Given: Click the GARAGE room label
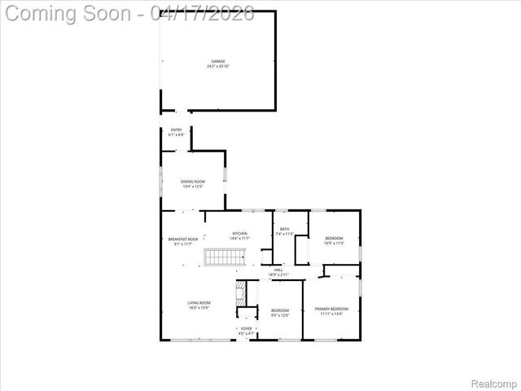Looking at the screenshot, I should coord(218,61).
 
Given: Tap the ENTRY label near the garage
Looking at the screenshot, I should coord(176,130).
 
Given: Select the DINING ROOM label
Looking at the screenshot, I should coord(193,181).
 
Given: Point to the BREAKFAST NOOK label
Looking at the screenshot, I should coord(183,239).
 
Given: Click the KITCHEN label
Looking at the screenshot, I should coord(239,233).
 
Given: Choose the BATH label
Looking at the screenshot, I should coord(284,229).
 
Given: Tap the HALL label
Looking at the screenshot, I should coord(278,270).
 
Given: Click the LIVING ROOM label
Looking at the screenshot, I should coord(199,303).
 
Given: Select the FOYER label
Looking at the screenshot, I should coord(246,328).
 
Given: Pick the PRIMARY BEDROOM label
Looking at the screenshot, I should coord(331,309).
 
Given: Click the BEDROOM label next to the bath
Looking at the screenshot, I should coord(334,238).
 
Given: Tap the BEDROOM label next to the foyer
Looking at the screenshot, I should coord(279,310).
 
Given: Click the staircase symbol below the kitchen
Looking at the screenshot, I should coord(223,257).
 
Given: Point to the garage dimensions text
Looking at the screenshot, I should coord(218,66).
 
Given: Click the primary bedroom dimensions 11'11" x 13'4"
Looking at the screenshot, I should coord(331,314).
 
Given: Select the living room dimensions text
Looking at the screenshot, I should coord(199,308).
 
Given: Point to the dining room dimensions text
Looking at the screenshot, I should coord(193,187).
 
